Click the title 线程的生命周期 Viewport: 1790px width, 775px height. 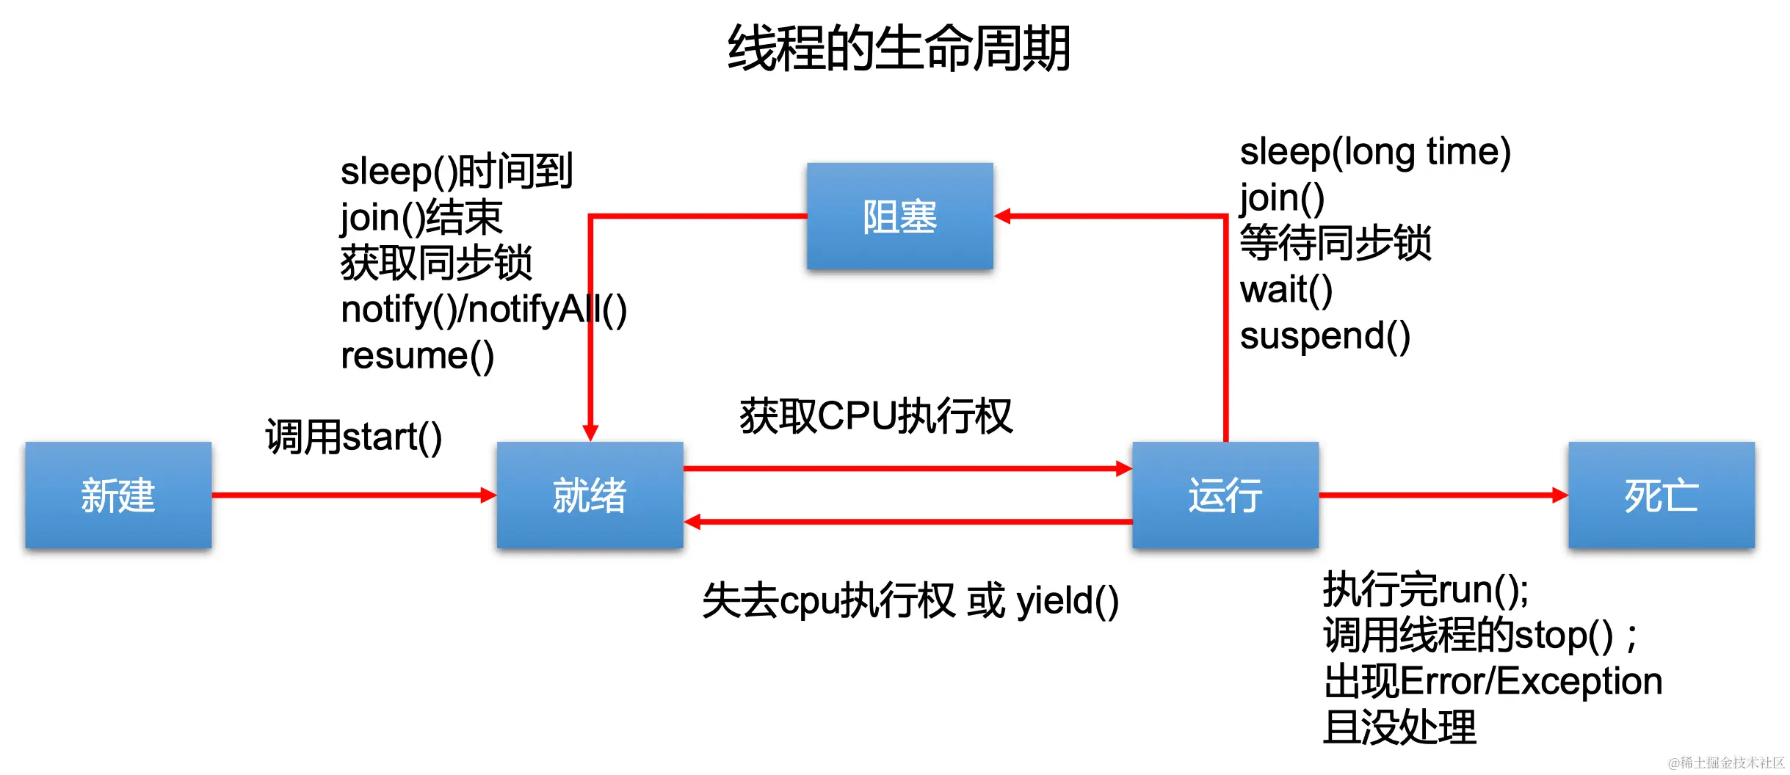click(x=898, y=48)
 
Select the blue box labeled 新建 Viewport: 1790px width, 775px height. click(x=118, y=495)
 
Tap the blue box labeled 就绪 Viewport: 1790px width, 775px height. click(x=590, y=495)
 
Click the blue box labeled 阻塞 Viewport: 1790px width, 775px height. click(x=899, y=217)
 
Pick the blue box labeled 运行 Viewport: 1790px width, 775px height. click(x=1225, y=495)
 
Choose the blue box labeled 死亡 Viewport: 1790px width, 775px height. click(x=1661, y=495)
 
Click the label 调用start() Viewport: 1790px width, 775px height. click(x=353, y=437)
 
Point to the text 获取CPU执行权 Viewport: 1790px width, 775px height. click(x=876, y=416)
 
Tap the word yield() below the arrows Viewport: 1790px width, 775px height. click(x=1068, y=601)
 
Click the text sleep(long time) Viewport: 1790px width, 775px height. click(x=1374, y=152)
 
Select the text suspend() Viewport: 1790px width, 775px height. click(x=1325, y=336)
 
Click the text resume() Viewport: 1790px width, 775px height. click(x=417, y=356)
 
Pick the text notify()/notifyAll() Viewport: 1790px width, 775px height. click(x=483, y=310)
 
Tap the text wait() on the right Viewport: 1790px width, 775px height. click(x=1286, y=290)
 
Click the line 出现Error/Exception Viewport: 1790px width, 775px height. click(x=1492, y=681)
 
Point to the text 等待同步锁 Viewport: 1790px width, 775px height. click(x=1335, y=244)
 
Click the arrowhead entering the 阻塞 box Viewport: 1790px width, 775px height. click(x=1003, y=216)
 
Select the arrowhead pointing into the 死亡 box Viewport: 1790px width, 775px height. click(x=1559, y=495)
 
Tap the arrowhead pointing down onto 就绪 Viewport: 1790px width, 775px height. click(x=590, y=432)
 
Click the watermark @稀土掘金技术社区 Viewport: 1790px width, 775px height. click(x=1725, y=763)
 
